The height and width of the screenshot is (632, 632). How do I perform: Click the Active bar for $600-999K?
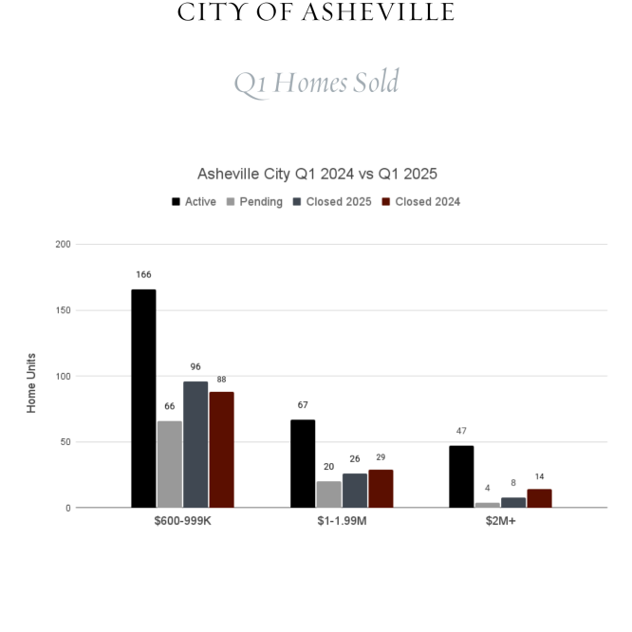[143, 399]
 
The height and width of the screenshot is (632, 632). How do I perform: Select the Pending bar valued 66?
[170, 464]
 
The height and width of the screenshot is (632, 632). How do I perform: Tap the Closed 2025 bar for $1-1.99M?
[355, 491]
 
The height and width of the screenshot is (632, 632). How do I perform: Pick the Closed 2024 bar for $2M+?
[539, 498]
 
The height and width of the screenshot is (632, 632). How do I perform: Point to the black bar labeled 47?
[461, 476]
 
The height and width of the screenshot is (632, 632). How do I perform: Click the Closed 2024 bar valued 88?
[221, 450]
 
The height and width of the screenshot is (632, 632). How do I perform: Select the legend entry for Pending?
[254, 201]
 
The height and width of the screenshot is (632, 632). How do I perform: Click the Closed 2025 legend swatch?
[297, 201]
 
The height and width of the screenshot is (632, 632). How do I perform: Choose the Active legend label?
[200, 201]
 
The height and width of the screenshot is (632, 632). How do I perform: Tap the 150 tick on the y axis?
[64, 310]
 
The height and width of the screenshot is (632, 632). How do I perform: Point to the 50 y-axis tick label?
[65, 442]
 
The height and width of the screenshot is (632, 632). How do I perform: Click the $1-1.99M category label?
[342, 521]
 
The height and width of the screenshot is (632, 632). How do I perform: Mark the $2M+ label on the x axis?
[501, 521]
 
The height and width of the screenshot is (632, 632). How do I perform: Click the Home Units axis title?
[31, 383]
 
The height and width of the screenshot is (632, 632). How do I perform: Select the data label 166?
[143, 274]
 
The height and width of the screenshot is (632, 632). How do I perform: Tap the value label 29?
[381, 457]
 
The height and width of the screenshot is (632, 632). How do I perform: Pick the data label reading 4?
[488, 488]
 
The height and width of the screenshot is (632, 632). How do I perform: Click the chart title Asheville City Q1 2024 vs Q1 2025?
[317, 174]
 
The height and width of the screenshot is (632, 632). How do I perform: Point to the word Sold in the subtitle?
[376, 82]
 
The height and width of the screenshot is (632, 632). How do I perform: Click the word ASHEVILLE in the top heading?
[378, 12]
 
